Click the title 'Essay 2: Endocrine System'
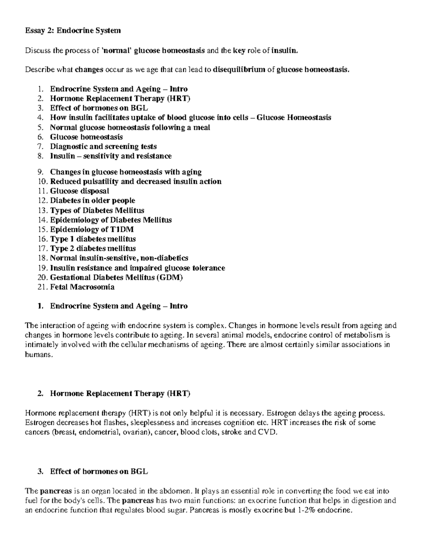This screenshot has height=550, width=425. coord(73,31)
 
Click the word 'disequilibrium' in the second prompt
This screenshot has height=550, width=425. coord(239,69)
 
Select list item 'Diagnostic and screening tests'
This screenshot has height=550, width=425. coord(103,146)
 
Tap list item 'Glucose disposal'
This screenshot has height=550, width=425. coord(79,191)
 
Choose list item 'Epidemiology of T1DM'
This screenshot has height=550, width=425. coord(92,229)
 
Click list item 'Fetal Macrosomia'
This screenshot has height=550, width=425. coord(82,287)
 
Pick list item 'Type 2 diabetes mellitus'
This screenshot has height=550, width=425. coord(93,248)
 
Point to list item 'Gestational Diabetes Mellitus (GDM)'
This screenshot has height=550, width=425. coord(116,277)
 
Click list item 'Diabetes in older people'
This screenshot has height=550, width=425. coord(92,200)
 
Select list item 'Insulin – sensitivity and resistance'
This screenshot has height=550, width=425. coord(110,156)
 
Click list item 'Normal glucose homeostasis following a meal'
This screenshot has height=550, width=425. coord(130,127)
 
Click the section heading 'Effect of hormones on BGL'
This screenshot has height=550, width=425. coord(99,471)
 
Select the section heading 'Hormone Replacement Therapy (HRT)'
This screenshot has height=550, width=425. coord(120,393)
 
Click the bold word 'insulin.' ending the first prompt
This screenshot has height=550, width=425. coord(282,50)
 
